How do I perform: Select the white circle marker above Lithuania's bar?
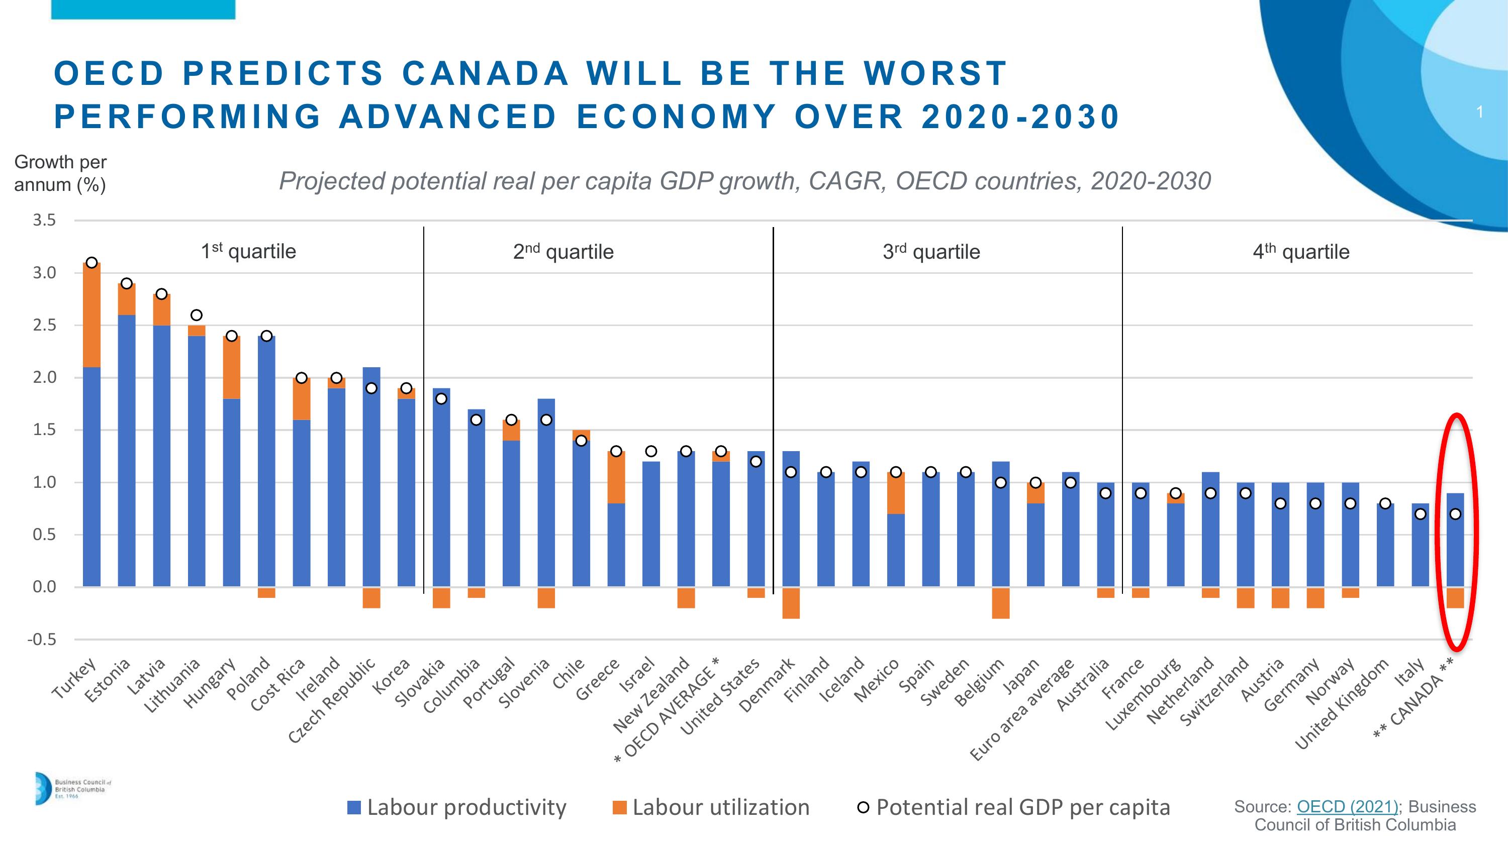click(x=197, y=315)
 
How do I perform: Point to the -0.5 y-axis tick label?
click(x=42, y=639)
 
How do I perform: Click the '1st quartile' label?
click(x=248, y=252)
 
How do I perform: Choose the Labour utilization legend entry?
click(x=711, y=808)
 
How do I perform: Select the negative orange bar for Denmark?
click(x=791, y=603)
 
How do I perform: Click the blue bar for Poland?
click(x=266, y=462)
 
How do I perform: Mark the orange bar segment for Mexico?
click(x=896, y=493)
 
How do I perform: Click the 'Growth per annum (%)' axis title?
click(x=60, y=173)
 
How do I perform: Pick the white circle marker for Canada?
click(x=1455, y=514)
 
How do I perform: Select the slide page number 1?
click(x=1479, y=112)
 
